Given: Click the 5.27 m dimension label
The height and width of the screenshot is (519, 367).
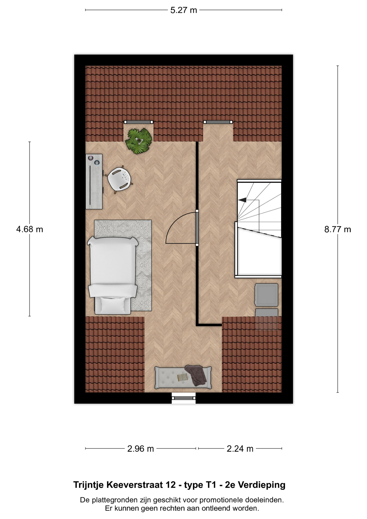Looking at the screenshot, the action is [183, 10].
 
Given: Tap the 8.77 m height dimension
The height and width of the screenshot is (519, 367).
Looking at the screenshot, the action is [338, 229].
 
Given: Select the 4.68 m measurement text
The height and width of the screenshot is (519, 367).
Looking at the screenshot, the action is [29, 229].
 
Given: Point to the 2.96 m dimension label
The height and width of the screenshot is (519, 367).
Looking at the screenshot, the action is [141, 449].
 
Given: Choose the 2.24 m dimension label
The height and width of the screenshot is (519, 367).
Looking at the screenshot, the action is [240, 449].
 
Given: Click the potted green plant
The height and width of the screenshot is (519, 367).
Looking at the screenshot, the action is [139, 141].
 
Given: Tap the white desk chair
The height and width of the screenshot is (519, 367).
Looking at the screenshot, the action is [119, 179].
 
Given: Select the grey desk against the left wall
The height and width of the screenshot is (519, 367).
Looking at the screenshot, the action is [94, 181].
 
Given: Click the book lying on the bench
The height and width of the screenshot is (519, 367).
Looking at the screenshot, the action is [182, 377].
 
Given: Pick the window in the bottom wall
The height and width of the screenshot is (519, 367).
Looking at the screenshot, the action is [183, 398].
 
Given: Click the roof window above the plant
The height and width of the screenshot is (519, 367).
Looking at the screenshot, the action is [138, 122].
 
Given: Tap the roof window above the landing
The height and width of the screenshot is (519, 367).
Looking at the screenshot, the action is [218, 122].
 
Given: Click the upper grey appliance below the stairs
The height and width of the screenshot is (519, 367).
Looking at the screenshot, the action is [266, 295].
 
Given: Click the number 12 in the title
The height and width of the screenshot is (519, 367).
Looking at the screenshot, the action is [171, 485].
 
